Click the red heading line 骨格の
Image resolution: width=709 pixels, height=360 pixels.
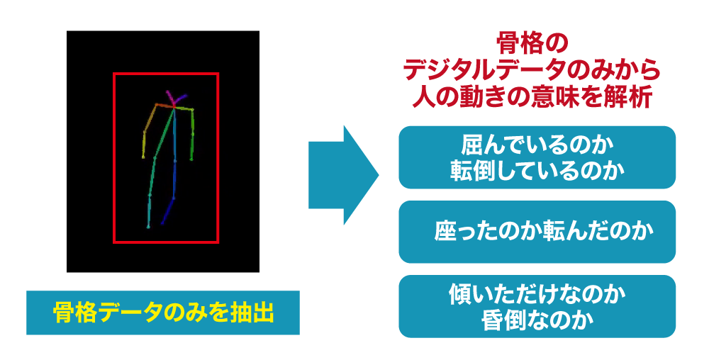click(532, 43)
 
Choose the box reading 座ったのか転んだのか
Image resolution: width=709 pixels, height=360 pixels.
click(537, 232)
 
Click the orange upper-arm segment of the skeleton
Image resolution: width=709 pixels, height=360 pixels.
click(150, 118)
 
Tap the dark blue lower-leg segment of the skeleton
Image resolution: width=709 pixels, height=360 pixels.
click(168, 210)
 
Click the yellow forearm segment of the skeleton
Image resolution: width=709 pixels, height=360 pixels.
click(144, 145)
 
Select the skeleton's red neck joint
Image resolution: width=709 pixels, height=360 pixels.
click(174, 107)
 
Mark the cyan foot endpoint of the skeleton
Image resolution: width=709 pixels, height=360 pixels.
click(148, 227)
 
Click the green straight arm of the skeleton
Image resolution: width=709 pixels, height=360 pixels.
click(192, 135)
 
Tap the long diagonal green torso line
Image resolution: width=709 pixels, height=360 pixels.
click(164, 133)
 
